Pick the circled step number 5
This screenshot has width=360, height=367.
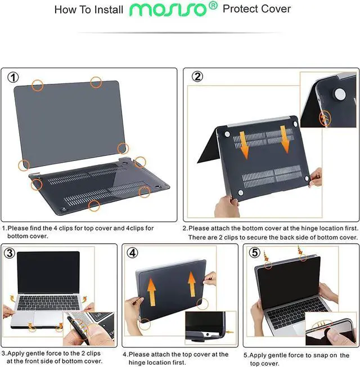click(x=255, y=253)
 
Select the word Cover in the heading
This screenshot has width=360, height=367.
click(x=276, y=10)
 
